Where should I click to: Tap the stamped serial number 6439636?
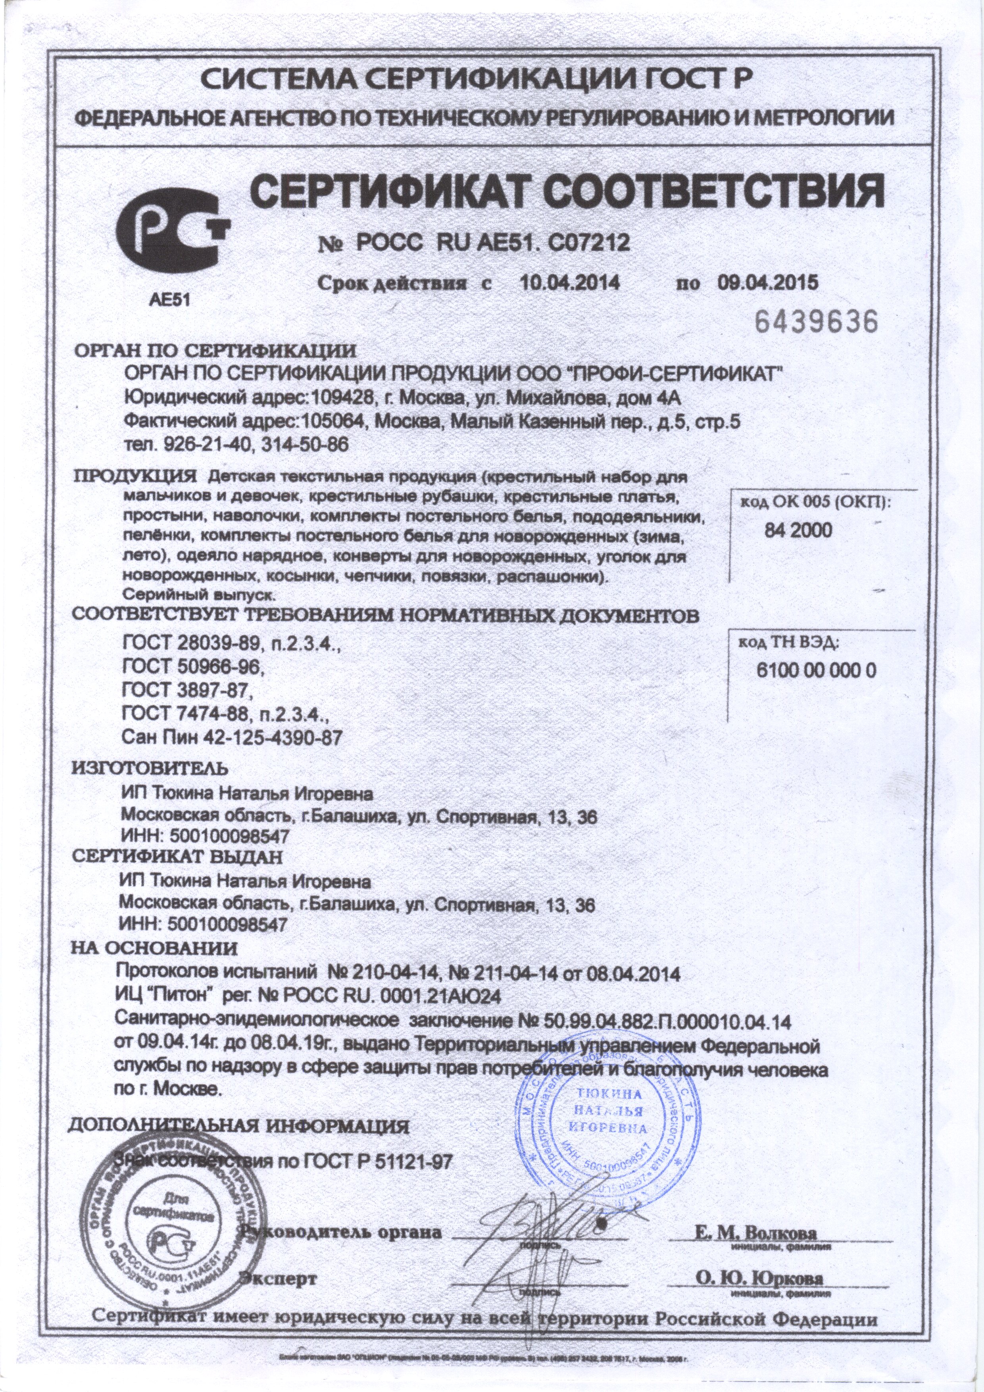point(815,322)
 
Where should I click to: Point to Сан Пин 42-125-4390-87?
point(232,738)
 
